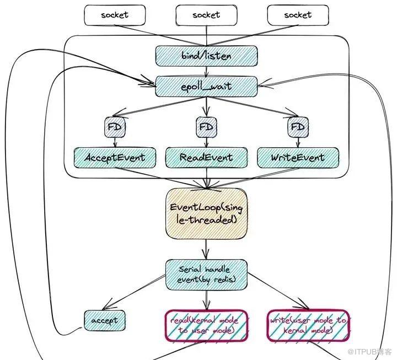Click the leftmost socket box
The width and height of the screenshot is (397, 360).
tap(115, 15)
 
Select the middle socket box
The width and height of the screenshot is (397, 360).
tap(206, 15)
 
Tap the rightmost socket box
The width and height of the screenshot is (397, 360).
tap(298, 15)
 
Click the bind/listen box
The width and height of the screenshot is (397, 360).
tap(206, 56)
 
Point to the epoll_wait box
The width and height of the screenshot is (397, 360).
tap(206, 87)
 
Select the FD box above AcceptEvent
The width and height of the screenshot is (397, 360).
tap(115, 127)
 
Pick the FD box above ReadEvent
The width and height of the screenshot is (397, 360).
tap(206, 127)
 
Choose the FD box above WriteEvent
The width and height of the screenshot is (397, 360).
tap(298, 127)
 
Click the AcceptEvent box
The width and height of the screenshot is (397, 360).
tap(115, 158)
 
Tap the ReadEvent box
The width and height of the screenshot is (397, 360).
tap(206, 158)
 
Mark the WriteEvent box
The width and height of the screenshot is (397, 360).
tap(298, 158)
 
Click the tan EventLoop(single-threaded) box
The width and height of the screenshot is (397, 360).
tap(206, 214)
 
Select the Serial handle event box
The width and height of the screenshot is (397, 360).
tap(206, 275)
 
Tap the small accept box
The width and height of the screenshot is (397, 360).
tap(105, 320)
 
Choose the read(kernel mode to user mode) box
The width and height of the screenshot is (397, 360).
tap(206, 326)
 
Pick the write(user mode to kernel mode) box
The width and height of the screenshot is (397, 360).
tap(308, 326)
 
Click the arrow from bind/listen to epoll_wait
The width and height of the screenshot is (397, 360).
tap(206, 71)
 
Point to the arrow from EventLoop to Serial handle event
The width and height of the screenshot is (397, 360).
tap(206, 249)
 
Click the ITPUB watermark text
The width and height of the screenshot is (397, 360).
tap(369, 352)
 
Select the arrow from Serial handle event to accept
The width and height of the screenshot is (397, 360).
tap(134, 292)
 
